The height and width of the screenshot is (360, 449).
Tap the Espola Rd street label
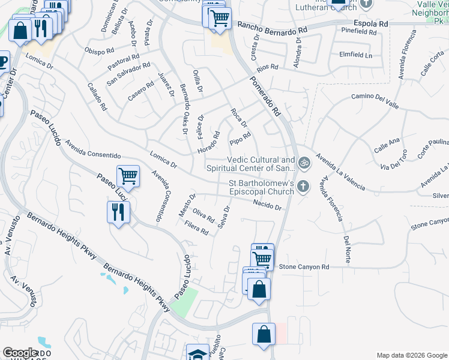(x=371, y=23)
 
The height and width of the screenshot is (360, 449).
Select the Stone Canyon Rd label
(x=304, y=266)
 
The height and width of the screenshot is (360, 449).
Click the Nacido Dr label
(x=267, y=205)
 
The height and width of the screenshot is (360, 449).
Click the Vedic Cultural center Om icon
(x=304, y=162)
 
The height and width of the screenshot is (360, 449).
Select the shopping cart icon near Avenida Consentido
(x=128, y=176)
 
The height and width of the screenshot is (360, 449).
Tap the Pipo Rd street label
(x=240, y=139)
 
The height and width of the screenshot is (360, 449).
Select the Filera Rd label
(x=197, y=229)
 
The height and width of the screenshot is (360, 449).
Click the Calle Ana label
(x=387, y=145)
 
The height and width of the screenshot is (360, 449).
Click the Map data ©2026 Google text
(x=411, y=355)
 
